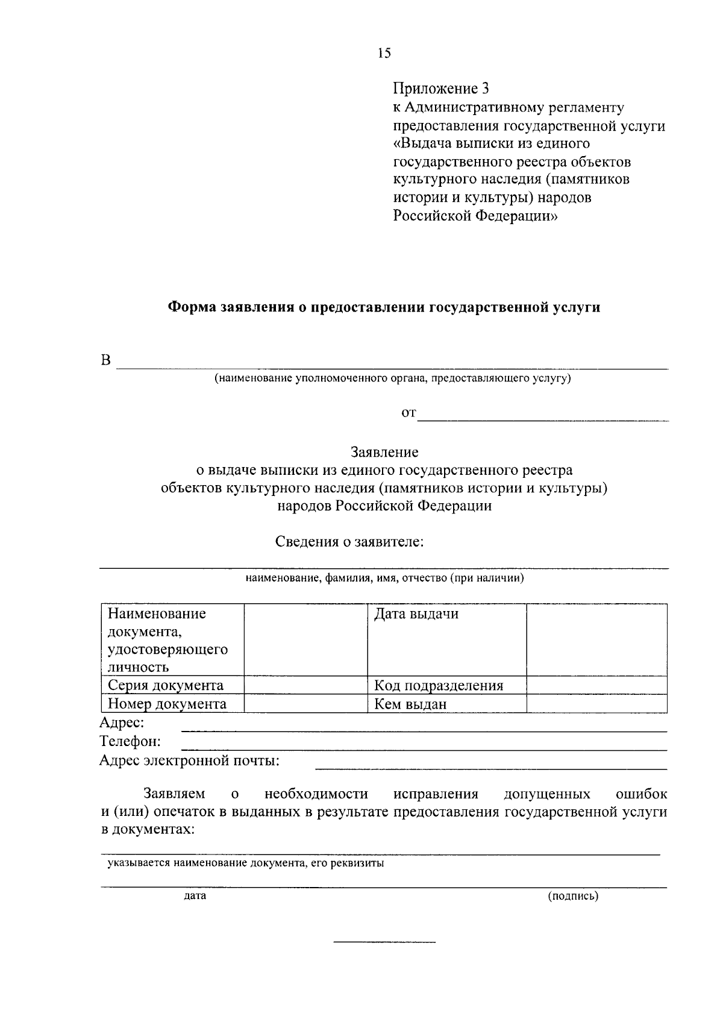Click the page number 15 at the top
(x=384, y=54)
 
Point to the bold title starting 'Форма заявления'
(x=383, y=307)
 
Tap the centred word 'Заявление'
(x=384, y=452)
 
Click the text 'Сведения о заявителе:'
(x=350, y=542)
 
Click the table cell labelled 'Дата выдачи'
(x=446, y=639)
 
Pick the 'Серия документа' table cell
(x=172, y=686)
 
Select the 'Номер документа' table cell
(x=172, y=704)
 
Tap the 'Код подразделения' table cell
(x=446, y=686)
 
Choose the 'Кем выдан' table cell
(x=446, y=704)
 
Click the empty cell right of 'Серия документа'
(x=305, y=686)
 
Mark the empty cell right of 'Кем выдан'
(x=596, y=704)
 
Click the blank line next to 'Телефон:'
(x=424, y=747)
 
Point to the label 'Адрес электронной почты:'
(x=189, y=760)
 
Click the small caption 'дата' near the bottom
(x=195, y=896)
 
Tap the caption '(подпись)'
(x=573, y=896)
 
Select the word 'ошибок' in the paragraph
(x=641, y=794)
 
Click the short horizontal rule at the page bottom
(x=384, y=941)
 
